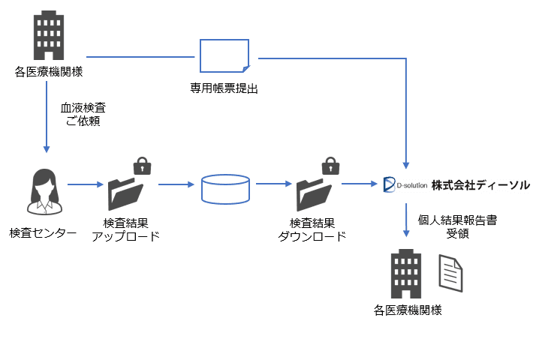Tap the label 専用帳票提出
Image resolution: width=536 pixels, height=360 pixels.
pyautogui.click(x=224, y=88)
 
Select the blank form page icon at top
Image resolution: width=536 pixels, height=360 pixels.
pyautogui.click(x=224, y=57)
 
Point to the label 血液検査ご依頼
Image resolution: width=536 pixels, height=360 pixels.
pyautogui.click(x=83, y=114)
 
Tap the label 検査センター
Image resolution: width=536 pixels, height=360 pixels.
pyautogui.click(x=43, y=233)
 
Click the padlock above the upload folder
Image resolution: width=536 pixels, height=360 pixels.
pyautogui.click(x=140, y=166)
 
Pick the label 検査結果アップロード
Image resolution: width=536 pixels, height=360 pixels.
pyautogui.click(x=125, y=229)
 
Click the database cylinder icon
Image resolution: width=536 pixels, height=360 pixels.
pyautogui.click(x=225, y=187)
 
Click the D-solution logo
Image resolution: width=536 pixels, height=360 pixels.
pyautogui.click(x=405, y=184)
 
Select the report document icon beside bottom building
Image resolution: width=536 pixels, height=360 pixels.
pyautogui.click(x=450, y=273)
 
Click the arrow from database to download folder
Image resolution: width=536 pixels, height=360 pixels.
pyautogui.click(x=273, y=183)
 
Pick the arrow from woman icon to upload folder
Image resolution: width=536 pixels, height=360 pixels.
pyautogui.click(x=84, y=184)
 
